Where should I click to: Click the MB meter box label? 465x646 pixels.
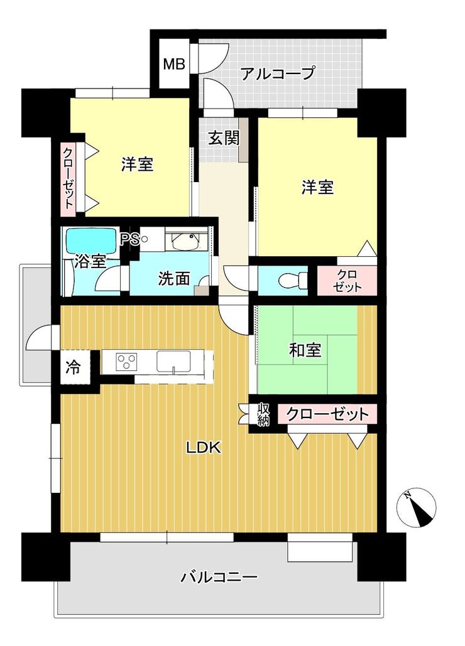click(174, 64)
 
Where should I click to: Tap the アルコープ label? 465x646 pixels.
click(278, 73)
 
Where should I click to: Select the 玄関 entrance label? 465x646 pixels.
click(223, 137)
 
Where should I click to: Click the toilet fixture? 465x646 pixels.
click(293, 281)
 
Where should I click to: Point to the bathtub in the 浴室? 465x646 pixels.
click(92, 241)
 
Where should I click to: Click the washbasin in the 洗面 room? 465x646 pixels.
click(185, 242)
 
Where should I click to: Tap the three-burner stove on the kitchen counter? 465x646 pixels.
click(126, 362)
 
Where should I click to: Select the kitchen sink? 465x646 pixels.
click(173, 362)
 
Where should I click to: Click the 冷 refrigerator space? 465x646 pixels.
click(74, 367)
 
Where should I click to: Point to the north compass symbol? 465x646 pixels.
click(417, 507)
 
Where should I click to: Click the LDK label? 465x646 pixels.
click(204, 447)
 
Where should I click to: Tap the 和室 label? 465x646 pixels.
click(305, 350)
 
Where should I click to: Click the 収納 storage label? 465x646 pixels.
click(263, 414)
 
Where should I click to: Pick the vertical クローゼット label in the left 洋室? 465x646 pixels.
click(68, 178)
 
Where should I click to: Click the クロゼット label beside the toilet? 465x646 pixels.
click(347, 281)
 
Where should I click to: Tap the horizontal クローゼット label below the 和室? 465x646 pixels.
click(327, 414)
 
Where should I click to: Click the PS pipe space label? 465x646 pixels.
click(129, 240)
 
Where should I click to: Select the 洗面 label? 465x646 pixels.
click(175, 279)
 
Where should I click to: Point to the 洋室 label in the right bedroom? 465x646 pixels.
click(317, 188)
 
